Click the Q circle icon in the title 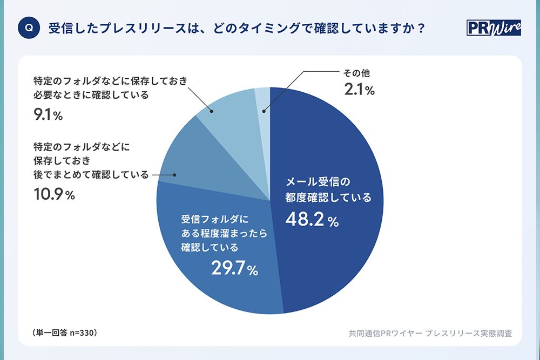[x=29, y=29]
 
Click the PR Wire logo [x=493, y=28]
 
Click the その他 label [x=357, y=73]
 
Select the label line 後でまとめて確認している [x=90, y=175]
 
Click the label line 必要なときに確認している [x=90, y=95]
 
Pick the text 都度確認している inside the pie [x=328, y=197]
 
